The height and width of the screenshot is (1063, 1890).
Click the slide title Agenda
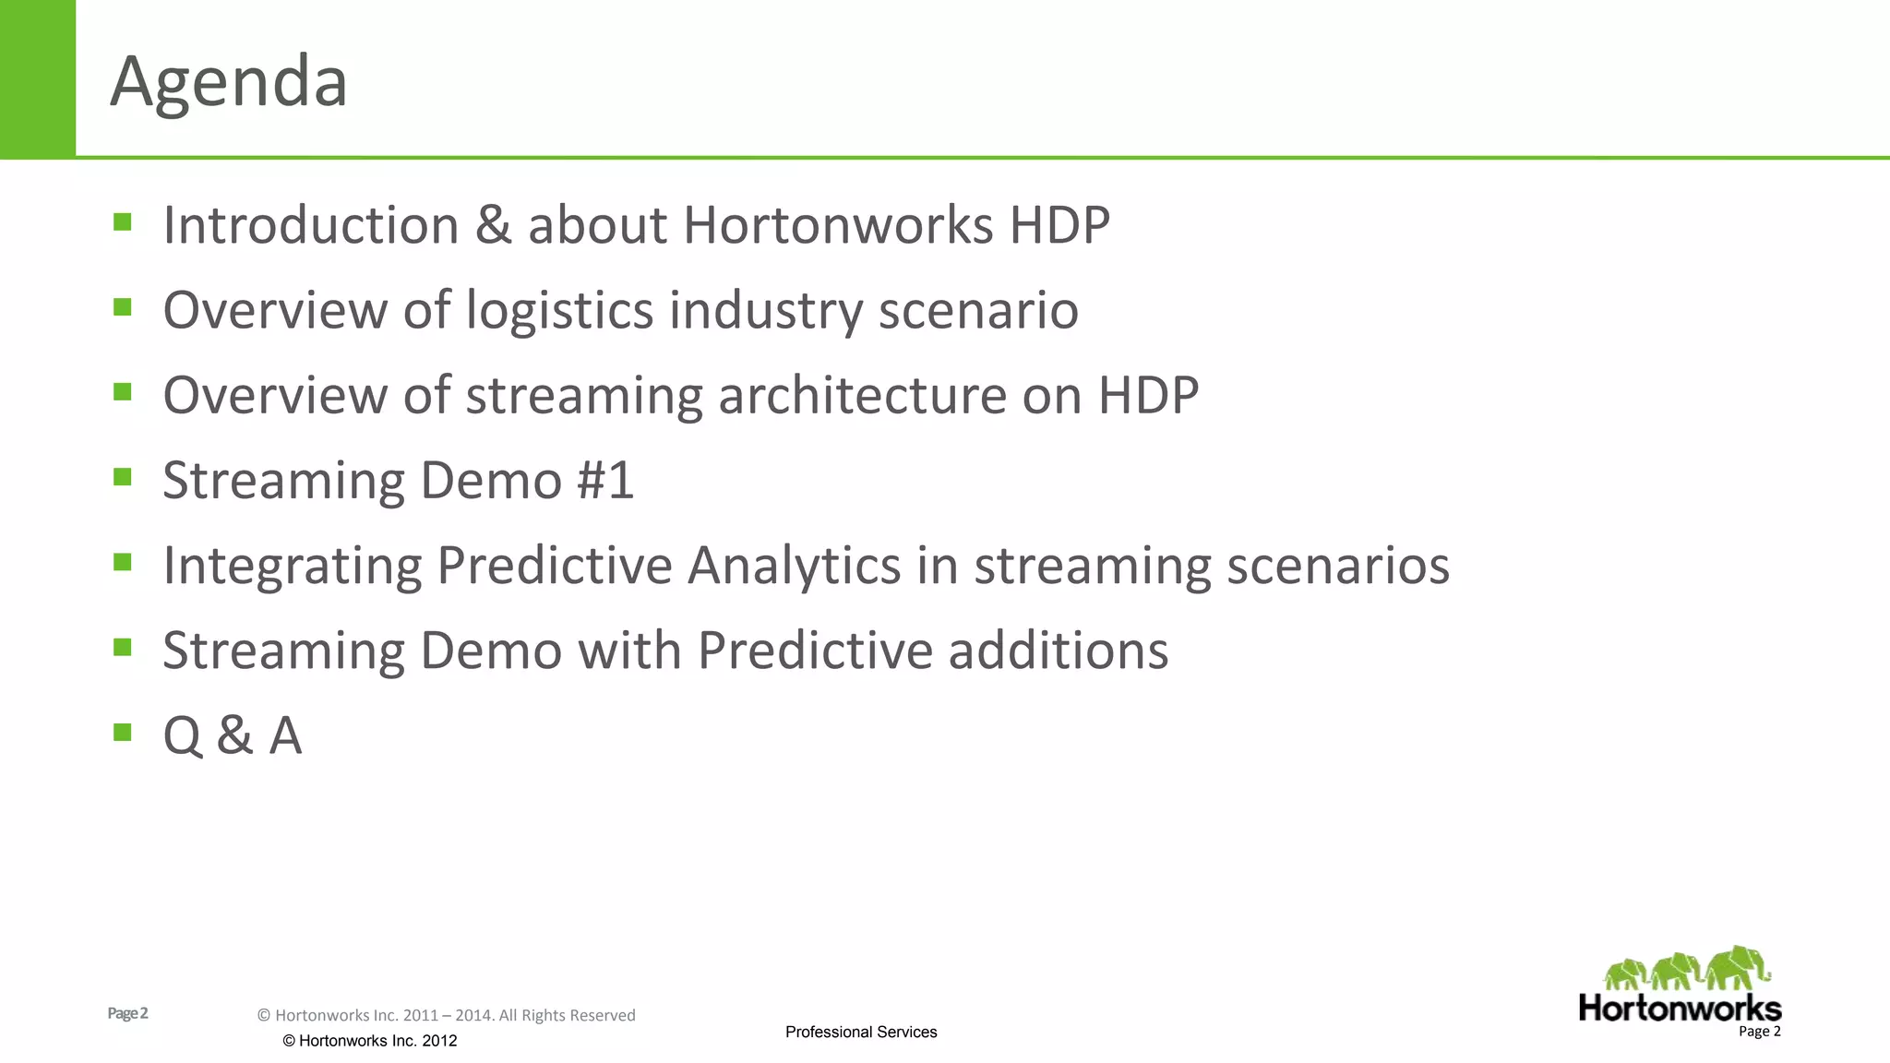[229, 81]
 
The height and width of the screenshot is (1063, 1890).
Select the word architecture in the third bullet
[861, 395]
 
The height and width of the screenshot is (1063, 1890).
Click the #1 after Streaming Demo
[605, 480]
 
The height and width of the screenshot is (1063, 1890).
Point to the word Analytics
[794, 565]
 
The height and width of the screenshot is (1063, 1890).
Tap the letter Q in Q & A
[182, 735]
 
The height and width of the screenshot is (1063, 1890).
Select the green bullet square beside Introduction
[123, 221]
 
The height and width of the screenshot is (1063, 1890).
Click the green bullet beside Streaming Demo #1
[123, 476]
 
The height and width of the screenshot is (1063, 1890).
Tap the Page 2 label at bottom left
[127, 1013]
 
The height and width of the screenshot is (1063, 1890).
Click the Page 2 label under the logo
[1759, 1032]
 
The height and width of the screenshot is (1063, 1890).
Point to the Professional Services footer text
[860, 1032]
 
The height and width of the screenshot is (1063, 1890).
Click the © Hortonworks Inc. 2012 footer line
[369, 1041]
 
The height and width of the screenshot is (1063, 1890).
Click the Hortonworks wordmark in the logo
[1680, 1008]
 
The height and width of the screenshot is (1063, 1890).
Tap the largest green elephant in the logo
[1737, 967]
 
